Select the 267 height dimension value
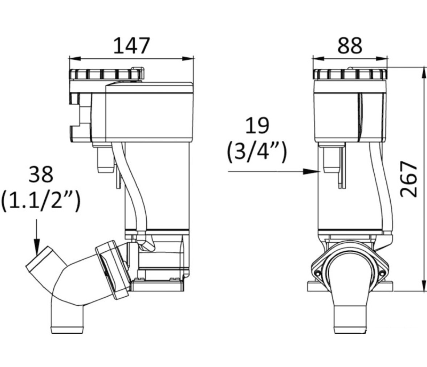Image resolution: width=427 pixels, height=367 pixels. click(x=408, y=179)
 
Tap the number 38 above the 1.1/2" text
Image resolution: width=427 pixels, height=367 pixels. click(x=41, y=174)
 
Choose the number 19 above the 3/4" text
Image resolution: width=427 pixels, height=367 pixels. click(x=257, y=125)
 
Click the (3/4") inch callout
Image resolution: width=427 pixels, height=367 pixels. click(x=257, y=153)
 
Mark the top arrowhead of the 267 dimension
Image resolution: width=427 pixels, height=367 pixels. click(x=424, y=72)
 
